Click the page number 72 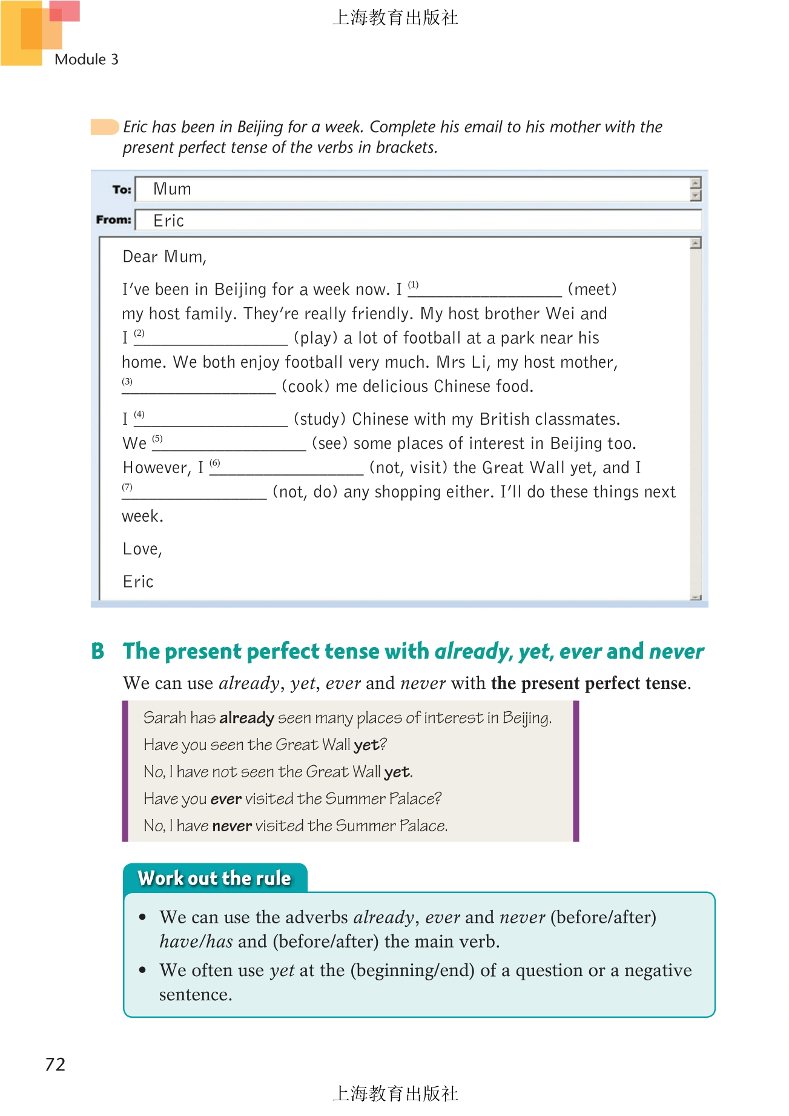pyautogui.click(x=55, y=1065)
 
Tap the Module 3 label pyautogui.click(x=87, y=59)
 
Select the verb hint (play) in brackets pyautogui.click(x=315, y=338)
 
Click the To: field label pyautogui.click(x=121, y=190)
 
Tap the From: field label pyautogui.click(x=113, y=219)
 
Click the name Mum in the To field pyautogui.click(x=172, y=189)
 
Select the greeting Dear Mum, pyautogui.click(x=165, y=257)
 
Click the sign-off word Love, pyautogui.click(x=142, y=550)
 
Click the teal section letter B pyautogui.click(x=98, y=651)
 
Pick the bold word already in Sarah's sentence pyautogui.click(x=246, y=718)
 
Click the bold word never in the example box pyautogui.click(x=232, y=826)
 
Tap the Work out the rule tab pyautogui.click(x=214, y=879)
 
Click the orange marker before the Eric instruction pyautogui.click(x=105, y=127)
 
